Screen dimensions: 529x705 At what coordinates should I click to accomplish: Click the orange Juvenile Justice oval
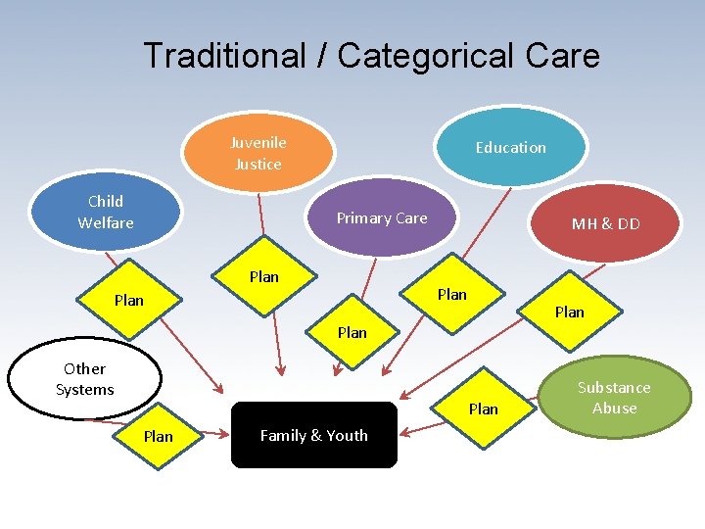pos(258,154)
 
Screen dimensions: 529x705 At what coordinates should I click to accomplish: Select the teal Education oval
pos(510,148)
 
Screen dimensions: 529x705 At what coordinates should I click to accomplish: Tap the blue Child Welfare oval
pos(105,213)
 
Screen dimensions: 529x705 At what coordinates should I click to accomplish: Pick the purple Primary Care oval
pos(382,218)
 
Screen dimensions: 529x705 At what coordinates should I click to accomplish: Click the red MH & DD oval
pos(606,223)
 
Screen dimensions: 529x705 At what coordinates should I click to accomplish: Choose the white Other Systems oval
pos(84,379)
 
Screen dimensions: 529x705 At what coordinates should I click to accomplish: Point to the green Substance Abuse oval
pos(614,398)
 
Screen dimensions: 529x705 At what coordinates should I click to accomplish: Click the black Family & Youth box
pos(313,436)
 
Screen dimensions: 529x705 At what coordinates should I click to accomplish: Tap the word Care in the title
pos(562,56)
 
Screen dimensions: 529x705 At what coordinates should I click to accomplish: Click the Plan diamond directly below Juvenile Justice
pos(263,277)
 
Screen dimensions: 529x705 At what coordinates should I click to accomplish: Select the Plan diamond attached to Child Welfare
pos(129,301)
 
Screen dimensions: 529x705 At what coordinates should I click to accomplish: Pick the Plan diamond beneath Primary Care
pos(352,333)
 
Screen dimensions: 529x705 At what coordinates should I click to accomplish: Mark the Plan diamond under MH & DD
pos(569,313)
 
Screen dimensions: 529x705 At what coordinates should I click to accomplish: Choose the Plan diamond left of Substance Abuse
pos(483,409)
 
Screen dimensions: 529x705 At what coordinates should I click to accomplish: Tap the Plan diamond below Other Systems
pos(159,437)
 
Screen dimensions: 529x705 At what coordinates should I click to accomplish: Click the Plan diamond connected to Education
pos(452,294)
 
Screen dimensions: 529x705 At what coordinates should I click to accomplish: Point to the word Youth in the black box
pos(348,436)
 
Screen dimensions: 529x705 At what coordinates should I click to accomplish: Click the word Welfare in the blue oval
pos(106,223)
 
